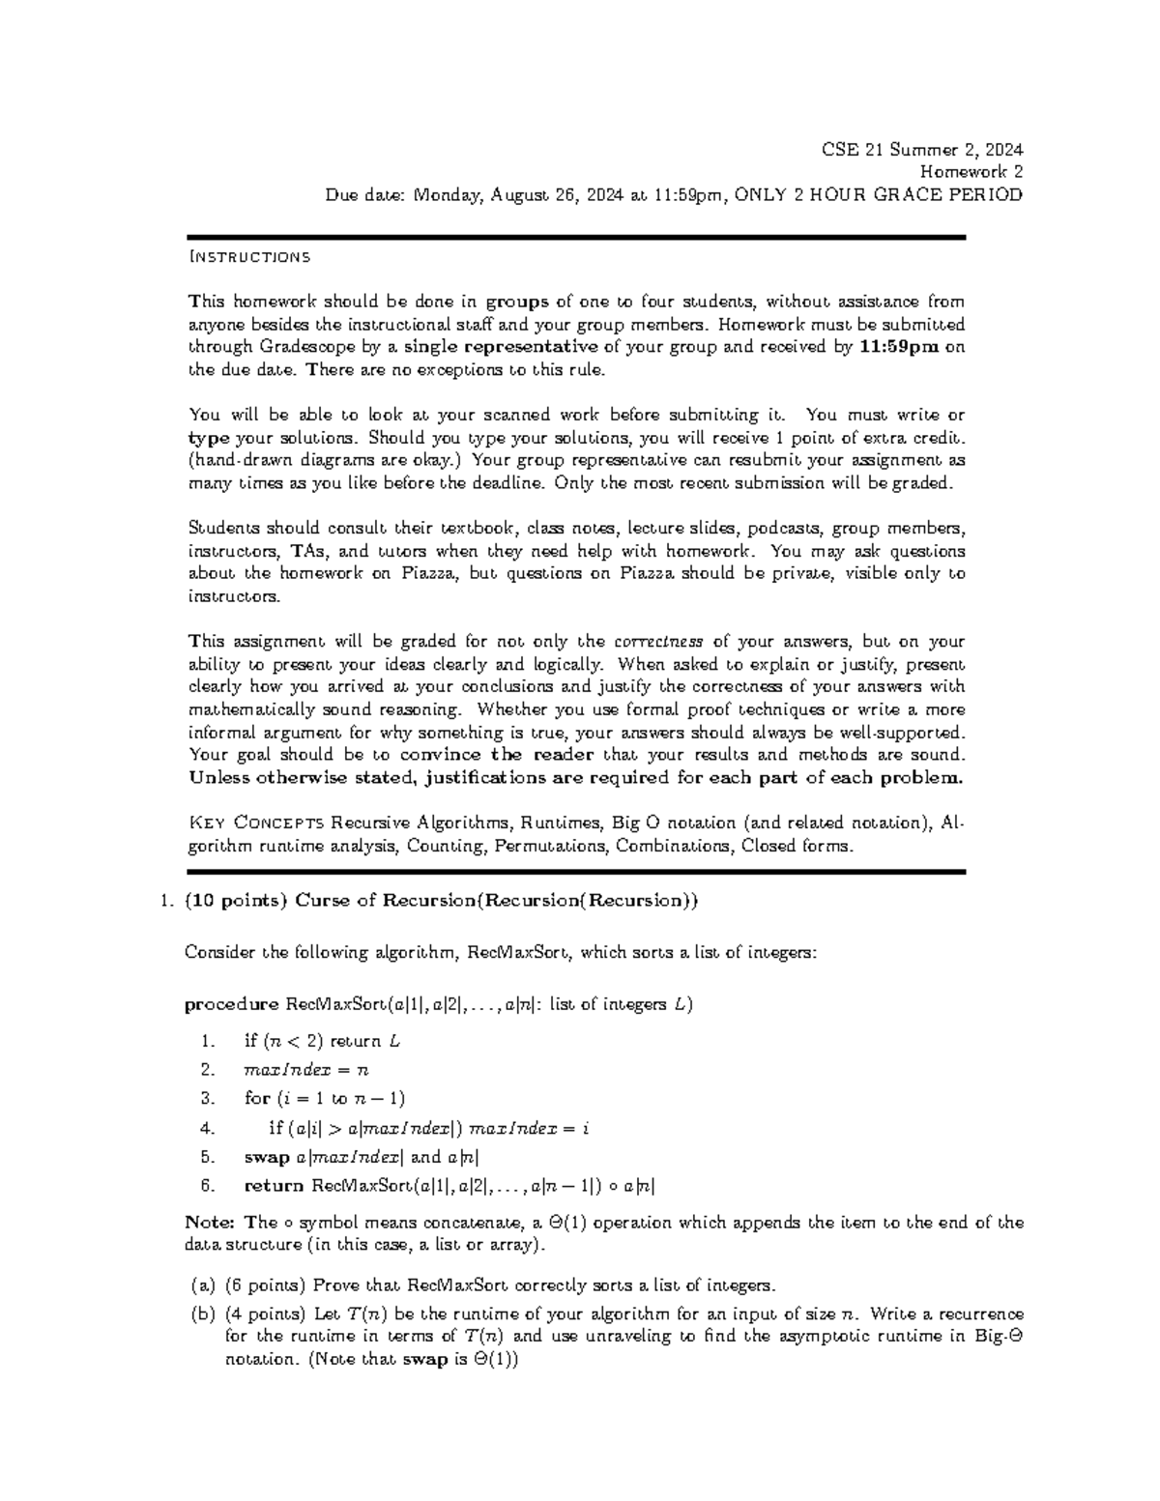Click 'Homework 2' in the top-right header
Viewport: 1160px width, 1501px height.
(971, 172)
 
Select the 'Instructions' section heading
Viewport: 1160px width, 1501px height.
(249, 257)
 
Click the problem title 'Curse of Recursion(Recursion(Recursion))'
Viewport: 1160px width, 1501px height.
(496, 901)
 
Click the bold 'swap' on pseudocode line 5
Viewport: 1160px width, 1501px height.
(267, 1157)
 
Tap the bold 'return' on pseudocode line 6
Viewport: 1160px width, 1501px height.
(274, 1186)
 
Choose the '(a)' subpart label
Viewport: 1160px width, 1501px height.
(202, 1285)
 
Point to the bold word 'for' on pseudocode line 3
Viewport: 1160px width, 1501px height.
(257, 1098)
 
